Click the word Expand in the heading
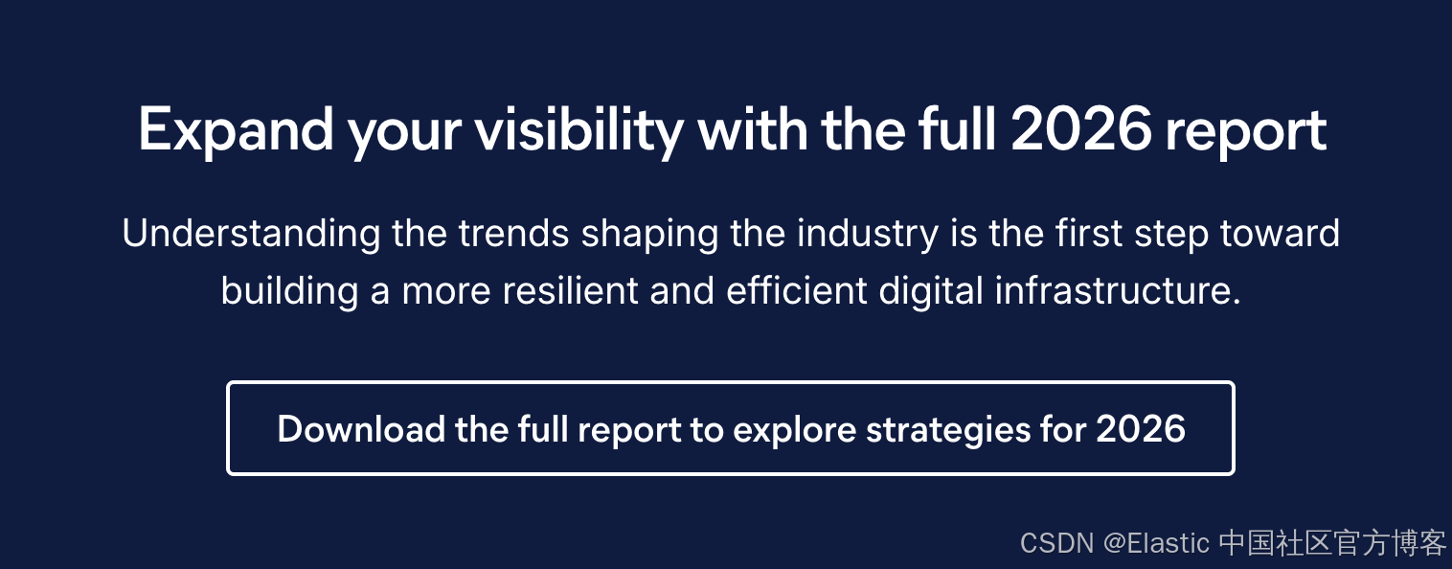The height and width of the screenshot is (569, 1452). click(x=236, y=131)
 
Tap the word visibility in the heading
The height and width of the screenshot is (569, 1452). click(x=579, y=131)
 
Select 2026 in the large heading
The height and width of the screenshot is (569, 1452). click(x=1081, y=129)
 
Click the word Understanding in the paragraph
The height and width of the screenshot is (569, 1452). click(x=252, y=234)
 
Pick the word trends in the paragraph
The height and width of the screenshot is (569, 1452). click(x=514, y=234)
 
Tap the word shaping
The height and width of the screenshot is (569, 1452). click(x=650, y=235)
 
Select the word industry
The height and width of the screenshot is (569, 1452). click(x=868, y=235)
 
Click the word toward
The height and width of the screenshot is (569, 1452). click(x=1281, y=234)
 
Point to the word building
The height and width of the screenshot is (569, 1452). click(x=290, y=291)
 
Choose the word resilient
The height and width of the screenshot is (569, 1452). click(x=571, y=289)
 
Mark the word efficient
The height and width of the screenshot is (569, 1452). click(x=797, y=289)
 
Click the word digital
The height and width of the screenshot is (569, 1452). click(x=931, y=291)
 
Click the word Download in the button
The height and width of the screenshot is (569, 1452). click(x=361, y=429)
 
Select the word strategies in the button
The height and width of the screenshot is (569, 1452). click(x=948, y=431)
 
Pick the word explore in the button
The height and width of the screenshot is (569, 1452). click(x=795, y=431)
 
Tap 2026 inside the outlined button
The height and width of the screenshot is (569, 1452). click(x=1141, y=429)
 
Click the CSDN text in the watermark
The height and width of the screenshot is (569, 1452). click(x=1057, y=543)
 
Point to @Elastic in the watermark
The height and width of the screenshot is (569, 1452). click(x=1156, y=543)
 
